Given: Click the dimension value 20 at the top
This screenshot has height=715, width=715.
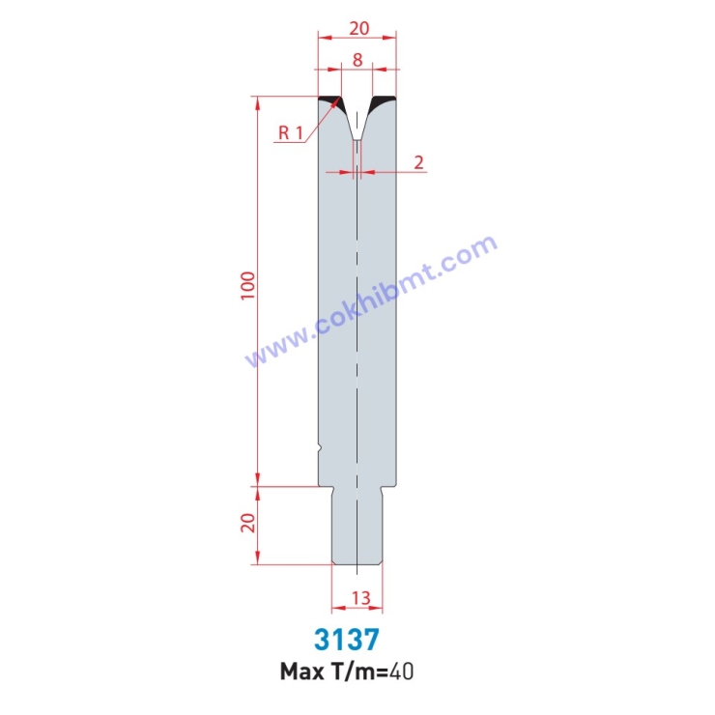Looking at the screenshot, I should (357, 26).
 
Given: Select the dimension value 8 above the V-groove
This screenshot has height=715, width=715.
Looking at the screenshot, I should (357, 59).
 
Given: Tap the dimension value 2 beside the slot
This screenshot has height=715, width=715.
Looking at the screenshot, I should (418, 161).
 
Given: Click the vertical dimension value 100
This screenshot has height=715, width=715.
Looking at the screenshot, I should (247, 284).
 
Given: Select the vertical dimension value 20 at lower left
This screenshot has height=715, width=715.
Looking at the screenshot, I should (247, 524).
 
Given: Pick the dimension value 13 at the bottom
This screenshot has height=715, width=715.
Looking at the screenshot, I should (358, 598).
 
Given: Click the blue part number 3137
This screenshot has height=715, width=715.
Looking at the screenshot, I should (346, 640).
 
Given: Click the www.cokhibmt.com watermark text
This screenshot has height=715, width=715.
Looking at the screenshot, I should (372, 301).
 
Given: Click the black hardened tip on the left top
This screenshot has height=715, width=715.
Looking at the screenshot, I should (330, 100).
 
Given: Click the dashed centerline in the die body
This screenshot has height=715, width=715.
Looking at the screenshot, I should (357, 338).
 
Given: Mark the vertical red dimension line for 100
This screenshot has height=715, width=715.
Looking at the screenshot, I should (258, 290).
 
